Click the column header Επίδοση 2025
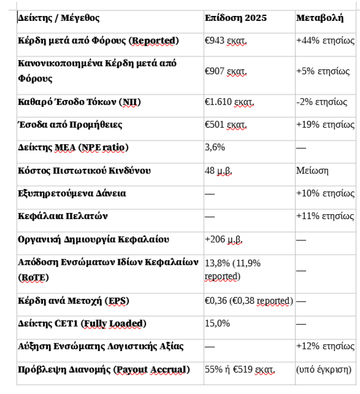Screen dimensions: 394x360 (236, 18)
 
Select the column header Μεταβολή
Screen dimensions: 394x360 (319, 18)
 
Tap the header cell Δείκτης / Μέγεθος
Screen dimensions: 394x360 (59, 18)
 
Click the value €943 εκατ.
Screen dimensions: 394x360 (226, 41)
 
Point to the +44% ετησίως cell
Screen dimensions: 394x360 (325, 41)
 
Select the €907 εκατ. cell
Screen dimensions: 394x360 (226, 72)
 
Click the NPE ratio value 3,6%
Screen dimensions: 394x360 (215, 147)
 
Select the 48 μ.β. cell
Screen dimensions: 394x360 (218, 171)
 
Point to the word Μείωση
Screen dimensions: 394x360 (312, 171)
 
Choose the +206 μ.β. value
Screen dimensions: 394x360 (223, 240)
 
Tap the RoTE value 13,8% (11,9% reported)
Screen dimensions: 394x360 (232, 269)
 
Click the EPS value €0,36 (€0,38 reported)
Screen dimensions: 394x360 (249, 301)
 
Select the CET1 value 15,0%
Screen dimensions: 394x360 (217, 324)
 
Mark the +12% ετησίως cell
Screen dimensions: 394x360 (325, 346)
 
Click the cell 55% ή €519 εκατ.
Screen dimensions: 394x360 (240, 370)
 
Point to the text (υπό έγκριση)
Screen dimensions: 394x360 (324, 370)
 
